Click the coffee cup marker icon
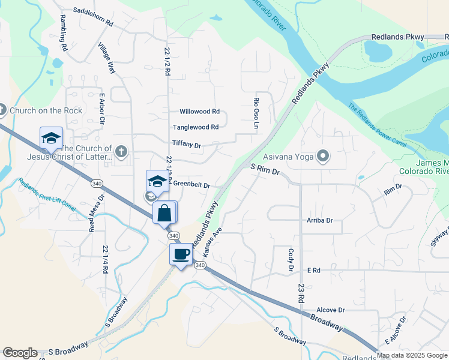tap(181, 254)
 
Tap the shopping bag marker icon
tap(164, 212)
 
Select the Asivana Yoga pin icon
tap(324, 157)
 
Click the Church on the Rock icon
tap(3, 110)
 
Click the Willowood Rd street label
tap(200, 112)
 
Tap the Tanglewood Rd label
tap(196, 127)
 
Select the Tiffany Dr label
tap(186, 145)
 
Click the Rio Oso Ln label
tap(255, 113)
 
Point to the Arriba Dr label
tap(319, 221)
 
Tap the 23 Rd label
tap(300, 293)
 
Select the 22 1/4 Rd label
tap(105, 259)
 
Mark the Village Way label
tap(106, 59)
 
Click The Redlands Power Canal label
tap(378, 126)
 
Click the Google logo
tap(20, 353)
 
